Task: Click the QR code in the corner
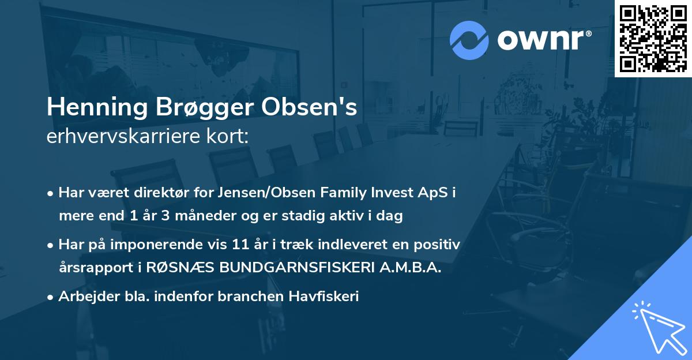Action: click(x=653, y=38)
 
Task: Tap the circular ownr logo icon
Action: click(x=469, y=39)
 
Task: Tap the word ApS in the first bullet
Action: click(x=439, y=193)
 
